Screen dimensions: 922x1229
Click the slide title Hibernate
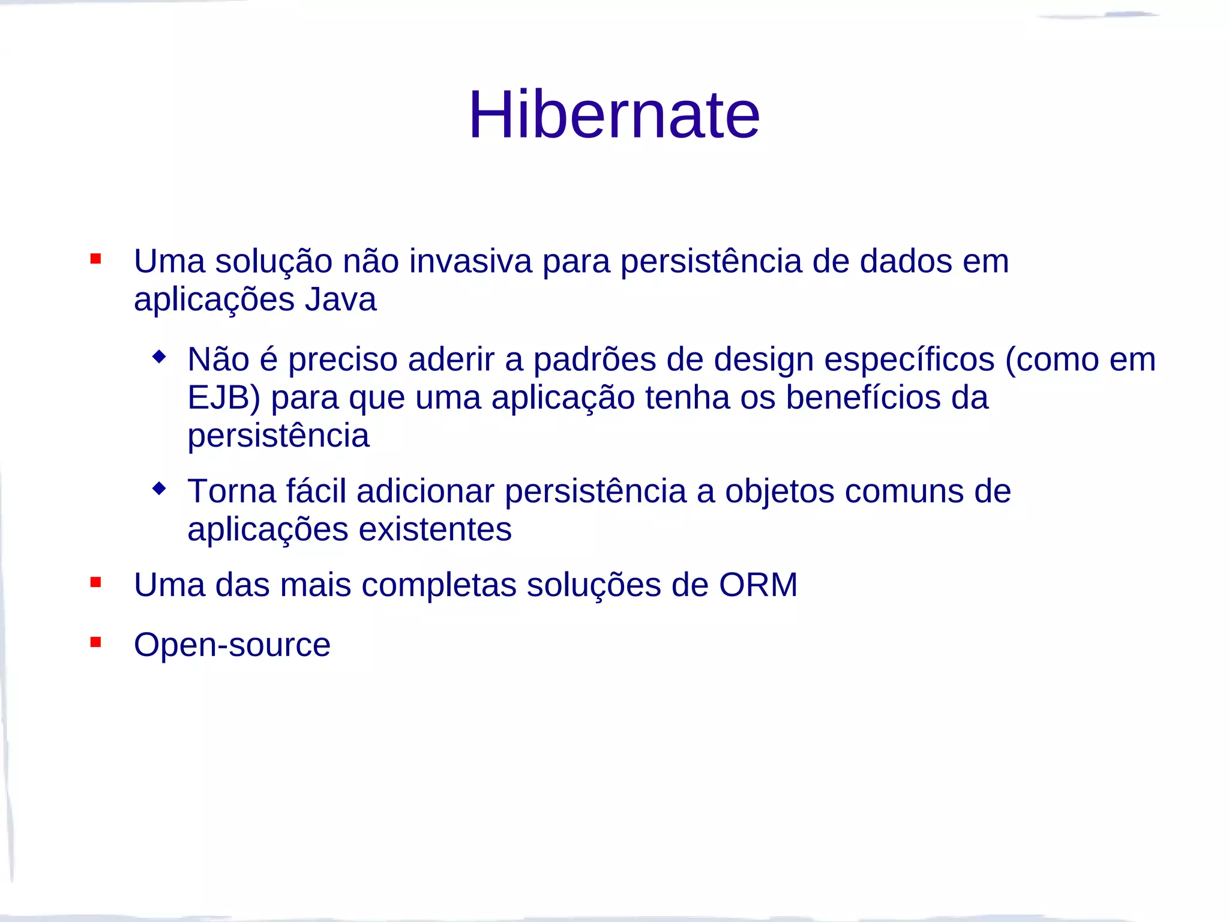point(614,114)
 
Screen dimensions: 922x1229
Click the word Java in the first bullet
point(340,299)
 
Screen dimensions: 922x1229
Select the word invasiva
point(470,261)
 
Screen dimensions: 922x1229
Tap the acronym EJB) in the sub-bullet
point(224,397)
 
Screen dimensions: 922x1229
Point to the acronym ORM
point(758,585)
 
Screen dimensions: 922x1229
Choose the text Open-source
point(232,645)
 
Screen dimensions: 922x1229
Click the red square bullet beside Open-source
point(95,642)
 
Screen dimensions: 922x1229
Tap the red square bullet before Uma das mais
point(95,582)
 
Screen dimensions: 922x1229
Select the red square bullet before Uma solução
point(95,259)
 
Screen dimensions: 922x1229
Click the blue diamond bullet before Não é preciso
point(159,357)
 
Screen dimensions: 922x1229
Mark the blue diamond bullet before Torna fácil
point(159,489)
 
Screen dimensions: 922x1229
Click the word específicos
point(909,360)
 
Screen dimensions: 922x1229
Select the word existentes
point(435,529)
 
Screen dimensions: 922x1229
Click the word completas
point(439,585)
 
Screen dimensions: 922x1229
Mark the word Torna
point(232,492)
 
